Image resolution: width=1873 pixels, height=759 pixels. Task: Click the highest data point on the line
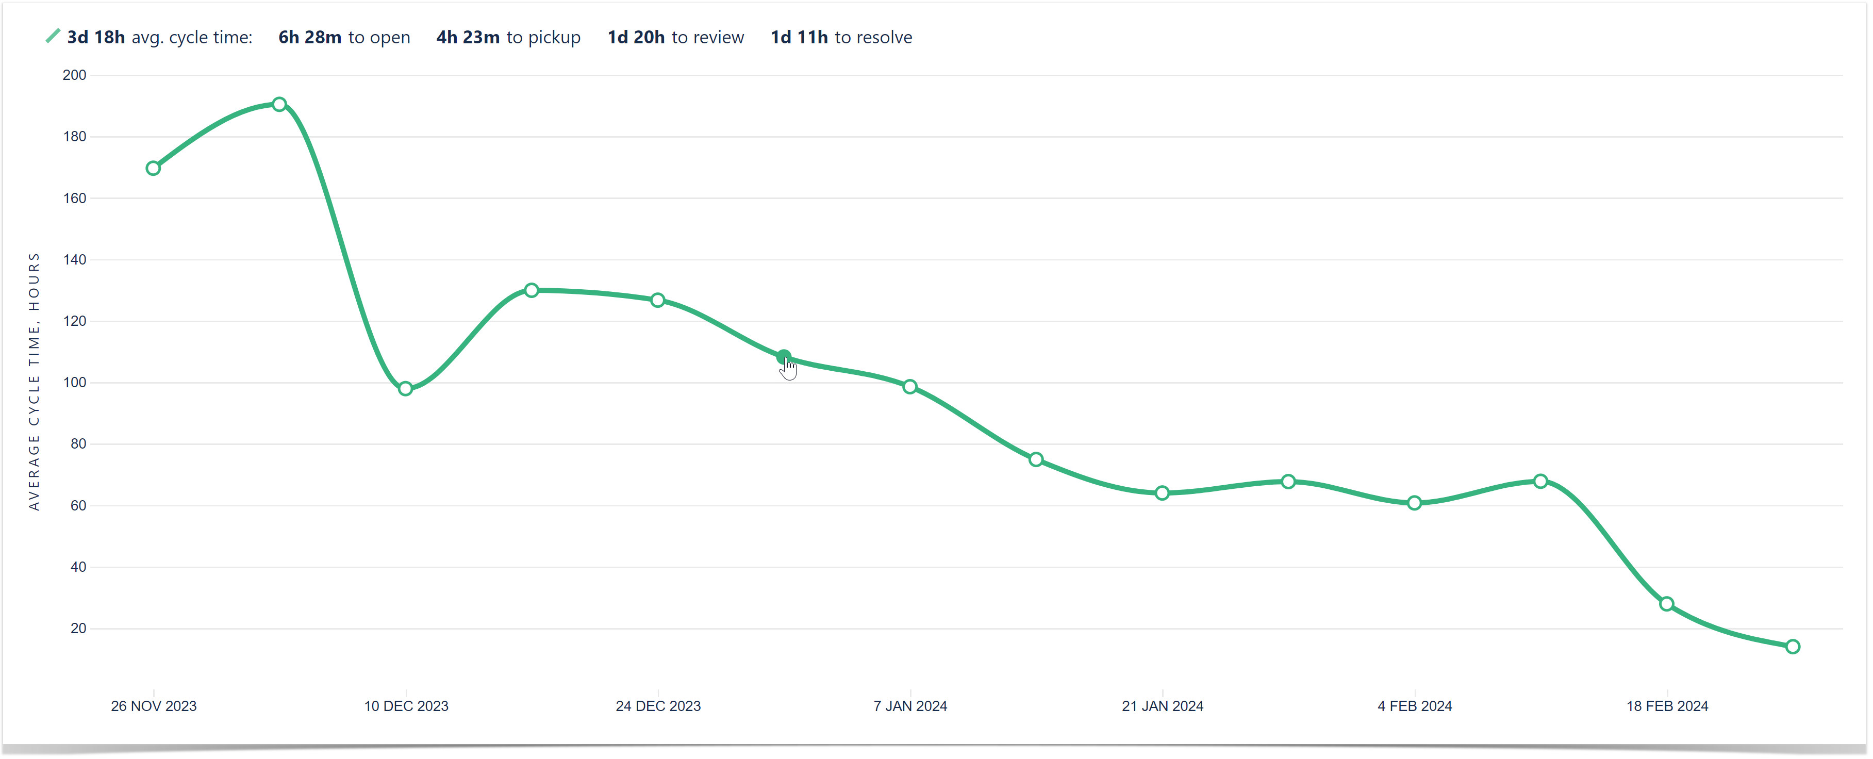pyautogui.click(x=279, y=105)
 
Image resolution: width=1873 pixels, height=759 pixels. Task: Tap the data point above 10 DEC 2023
pyautogui.click(x=406, y=389)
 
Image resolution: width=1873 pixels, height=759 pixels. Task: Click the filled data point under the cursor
pyautogui.click(x=783, y=357)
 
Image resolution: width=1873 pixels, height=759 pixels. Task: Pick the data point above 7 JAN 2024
pyautogui.click(x=909, y=387)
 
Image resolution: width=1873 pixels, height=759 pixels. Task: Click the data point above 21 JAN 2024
pyautogui.click(x=1162, y=493)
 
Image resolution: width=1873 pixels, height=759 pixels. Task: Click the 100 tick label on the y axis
pyautogui.click(x=74, y=383)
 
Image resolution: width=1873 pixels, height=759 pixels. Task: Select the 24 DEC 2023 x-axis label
pyautogui.click(x=658, y=706)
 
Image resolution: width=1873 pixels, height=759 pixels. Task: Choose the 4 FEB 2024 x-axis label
pyautogui.click(x=1414, y=706)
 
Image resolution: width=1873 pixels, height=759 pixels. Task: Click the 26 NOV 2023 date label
pyautogui.click(x=154, y=706)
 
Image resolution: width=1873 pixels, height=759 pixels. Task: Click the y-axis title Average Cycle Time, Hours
pyautogui.click(x=34, y=382)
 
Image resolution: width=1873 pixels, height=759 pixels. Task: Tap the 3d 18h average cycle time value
pyautogui.click(x=96, y=38)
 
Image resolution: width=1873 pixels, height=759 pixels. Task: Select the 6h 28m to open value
pyautogui.click(x=310, y=38)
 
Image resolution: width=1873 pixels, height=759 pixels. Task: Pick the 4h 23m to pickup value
pyautogui.click(x=468, y=38)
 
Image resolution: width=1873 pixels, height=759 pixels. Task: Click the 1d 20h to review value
pyautogui.click(x=636, y=38)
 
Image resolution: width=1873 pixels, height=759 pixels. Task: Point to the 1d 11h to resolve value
pyautogui.click(x=799, y=38)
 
